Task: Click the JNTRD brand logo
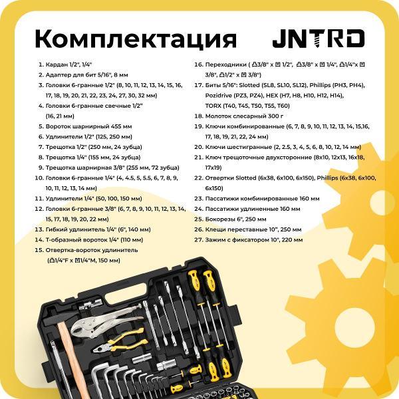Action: pyautogui.click(x=319, y=39)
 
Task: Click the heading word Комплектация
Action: pyautogui.click(x=136, y=39)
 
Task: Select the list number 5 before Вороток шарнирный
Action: pyautogui.click(x=41, y=126)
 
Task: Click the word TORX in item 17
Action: pyautogui.click(x=213, y=106)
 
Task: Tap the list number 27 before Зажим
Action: pyautogui.click(x=198, y=239)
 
